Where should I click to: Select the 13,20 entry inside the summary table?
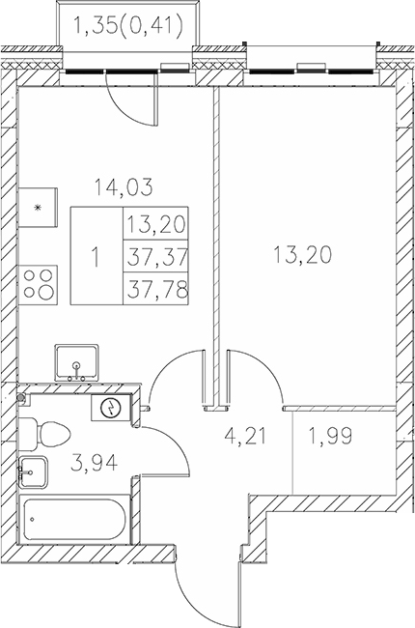(154, 228)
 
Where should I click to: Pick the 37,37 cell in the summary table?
(154, 258)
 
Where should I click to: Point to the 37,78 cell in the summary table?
(154, 288)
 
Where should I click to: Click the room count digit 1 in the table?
(95, 258)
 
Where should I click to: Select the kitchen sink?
(77, 361)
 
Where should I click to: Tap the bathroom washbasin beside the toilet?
(33, 473)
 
